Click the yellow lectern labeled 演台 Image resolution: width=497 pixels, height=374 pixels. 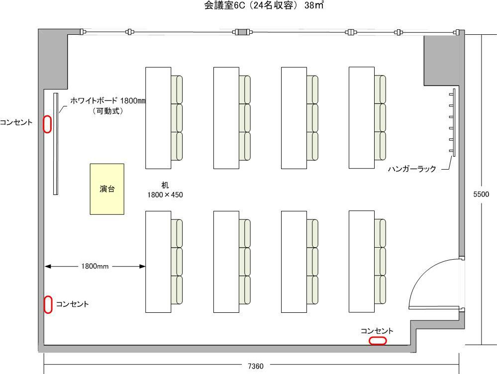(x=107, y=189)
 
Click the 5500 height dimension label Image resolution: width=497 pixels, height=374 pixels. (x=481, y=194)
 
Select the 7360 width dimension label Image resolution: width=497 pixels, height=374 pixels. (x=256, y=367)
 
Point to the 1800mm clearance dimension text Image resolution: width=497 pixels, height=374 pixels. (x=95, y=267)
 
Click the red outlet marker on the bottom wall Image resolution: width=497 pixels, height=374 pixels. (x=378, y=341)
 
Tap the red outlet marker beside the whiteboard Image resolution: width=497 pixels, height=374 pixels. (x=47, y=124)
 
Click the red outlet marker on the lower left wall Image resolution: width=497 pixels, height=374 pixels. (x=48, y=304)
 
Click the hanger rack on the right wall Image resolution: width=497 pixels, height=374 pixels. (x=452, y=123)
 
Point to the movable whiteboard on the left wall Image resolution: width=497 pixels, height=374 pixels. (x=56, y=144)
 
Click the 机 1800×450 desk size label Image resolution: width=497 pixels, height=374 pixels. (x=165, y=190)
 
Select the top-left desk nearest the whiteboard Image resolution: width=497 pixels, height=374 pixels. (x=158, y=118)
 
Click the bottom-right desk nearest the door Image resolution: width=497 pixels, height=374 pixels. (x=362, y=262)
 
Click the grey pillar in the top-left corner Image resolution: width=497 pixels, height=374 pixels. (x=54, y=57)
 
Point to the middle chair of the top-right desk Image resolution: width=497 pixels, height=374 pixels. (x=380, y=118)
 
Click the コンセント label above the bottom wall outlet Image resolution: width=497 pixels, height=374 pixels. (x=377, y=331)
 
